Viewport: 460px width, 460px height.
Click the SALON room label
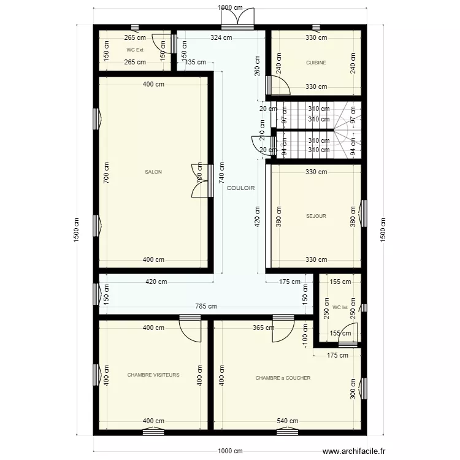[x=153, y=172]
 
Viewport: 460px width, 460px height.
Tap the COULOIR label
[x=240, y=188]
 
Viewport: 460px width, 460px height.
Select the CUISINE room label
[x=316, y=63]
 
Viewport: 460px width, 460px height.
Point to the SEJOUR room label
[x=316, y=216]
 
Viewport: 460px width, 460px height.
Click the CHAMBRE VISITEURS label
[x=153, y=374]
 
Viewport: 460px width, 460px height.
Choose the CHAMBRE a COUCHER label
[x=283, y=378]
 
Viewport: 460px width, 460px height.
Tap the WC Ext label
[x=135, y=50]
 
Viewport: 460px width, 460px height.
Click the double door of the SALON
[x=199, y=180]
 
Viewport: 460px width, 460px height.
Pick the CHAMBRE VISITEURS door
[x=190, y=330]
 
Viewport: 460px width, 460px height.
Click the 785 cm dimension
[x=206, y=307]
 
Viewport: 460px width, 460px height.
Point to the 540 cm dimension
[x=287, y=421]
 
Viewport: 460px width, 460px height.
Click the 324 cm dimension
[x=221, y=38]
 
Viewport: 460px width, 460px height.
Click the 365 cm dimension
[x=263, y=328]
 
